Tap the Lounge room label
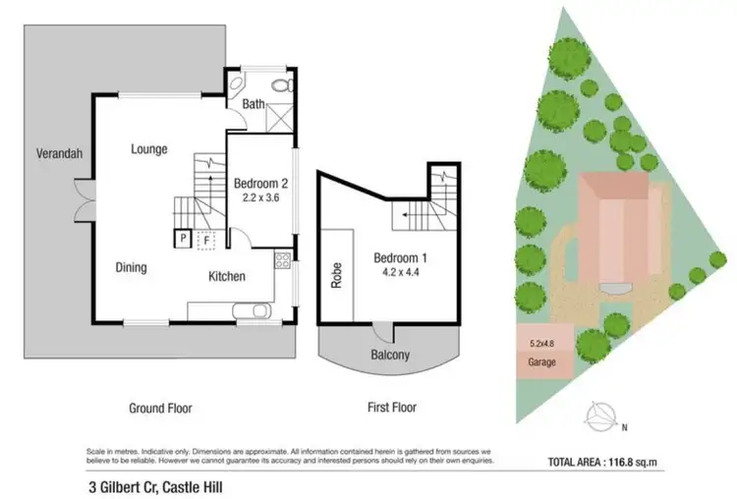[x=149, y=149]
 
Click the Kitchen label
[x=226, y=277]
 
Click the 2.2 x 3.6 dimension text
[x=259, y=196]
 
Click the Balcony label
[x=390, y=355]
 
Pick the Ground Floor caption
[x=159, y=409]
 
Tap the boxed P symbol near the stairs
[x=183, y=238]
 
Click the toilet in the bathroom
[x=280, y=87]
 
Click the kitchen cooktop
[x=283, y=261]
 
